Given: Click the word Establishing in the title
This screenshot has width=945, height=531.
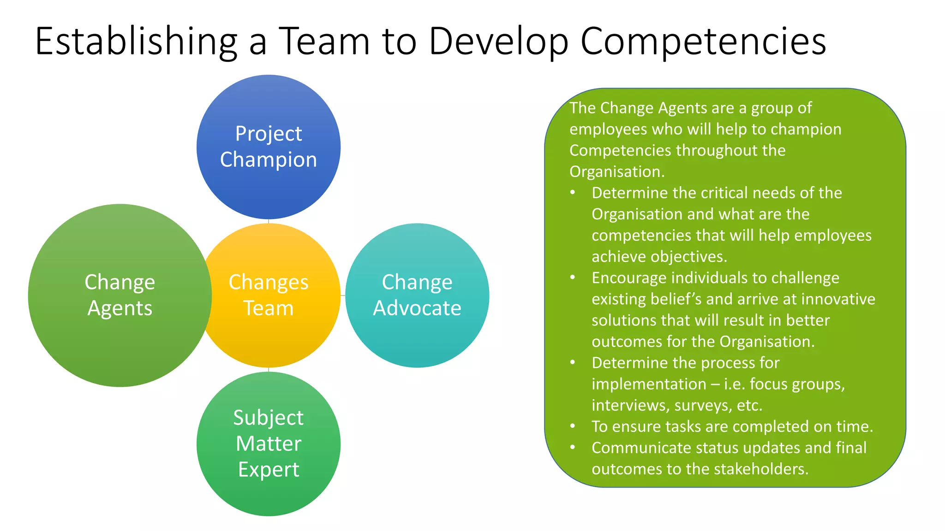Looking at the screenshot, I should pos(136,41).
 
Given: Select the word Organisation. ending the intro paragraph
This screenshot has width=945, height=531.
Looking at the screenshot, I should pos(617,171).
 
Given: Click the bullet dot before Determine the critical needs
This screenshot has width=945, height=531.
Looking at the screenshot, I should pos(573,193).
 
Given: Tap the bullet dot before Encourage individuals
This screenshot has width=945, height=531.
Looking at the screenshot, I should pos(573,278).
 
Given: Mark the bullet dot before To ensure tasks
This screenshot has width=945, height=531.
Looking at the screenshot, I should pos(573,426).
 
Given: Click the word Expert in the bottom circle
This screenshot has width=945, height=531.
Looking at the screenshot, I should pos(269,470).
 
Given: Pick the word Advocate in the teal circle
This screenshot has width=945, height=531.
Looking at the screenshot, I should pos(417,308).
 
